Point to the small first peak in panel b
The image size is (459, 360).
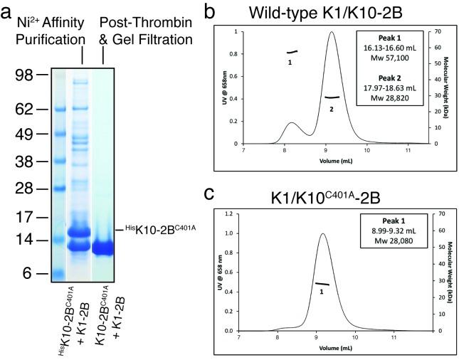coord(291,123)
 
